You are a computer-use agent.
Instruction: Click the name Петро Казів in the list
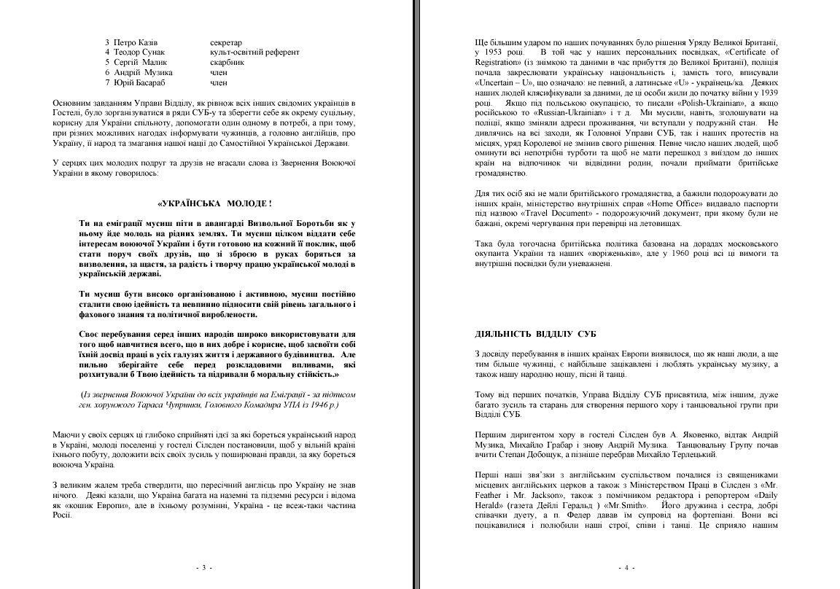(x=136, y=42)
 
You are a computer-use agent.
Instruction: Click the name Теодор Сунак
(x=139, y=52)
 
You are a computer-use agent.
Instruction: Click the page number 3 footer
(x=204, y=567)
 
